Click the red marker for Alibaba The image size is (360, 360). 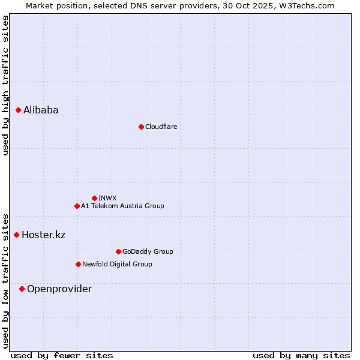pos(19,110)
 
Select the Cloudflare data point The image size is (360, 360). pos(141,127)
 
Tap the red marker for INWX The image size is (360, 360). pos(94,198)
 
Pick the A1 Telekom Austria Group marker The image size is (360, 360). pos(77,206)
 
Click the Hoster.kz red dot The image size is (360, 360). pos(17,235)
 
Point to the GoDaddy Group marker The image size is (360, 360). pos(118,251)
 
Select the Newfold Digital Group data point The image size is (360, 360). pos(78,264)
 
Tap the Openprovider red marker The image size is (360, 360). pos(22,289)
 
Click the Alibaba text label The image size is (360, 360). pos(41,110)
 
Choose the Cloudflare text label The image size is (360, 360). pos(161,127)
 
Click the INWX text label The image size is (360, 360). pos(107,198)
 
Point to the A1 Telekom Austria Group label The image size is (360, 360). pos(122,206)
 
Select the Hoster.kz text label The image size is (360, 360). pos(43,235)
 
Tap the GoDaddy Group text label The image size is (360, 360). pos(148,251)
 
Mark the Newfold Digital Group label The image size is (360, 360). pos(117,264)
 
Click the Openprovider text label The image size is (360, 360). pos(59,289)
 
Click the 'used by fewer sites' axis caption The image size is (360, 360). pos(62,355)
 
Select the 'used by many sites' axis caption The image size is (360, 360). pos(301,355)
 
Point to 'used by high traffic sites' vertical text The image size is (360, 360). pos(5,85)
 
